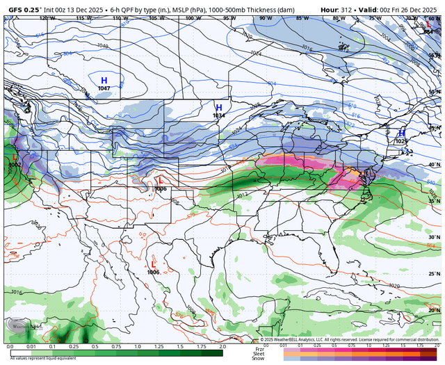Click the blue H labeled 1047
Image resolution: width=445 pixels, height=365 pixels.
click(x=104, y=81)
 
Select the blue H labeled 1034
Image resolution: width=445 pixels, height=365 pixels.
click(x=218, y=108)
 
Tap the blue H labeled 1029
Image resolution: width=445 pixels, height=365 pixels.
click(x=401, y=133)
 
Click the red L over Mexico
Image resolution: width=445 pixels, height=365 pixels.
click(x=154, y=263)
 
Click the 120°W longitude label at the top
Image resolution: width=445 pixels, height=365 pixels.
click(x=47, y=18)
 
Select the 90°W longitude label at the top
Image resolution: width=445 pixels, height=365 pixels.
click(x=264, y=18)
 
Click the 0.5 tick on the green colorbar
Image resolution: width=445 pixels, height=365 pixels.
click(x=95, y=346)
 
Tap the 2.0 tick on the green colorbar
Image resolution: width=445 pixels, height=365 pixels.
click(x=222, y=346)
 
